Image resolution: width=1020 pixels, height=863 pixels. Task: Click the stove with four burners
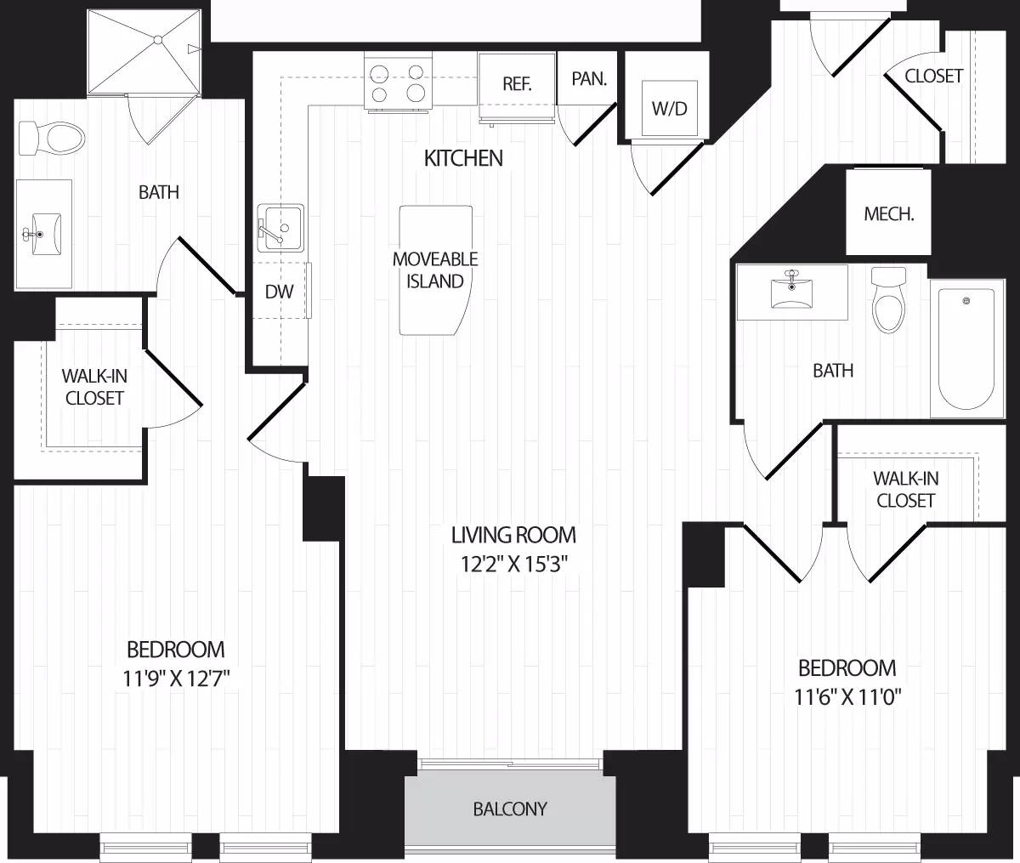click(398, 82)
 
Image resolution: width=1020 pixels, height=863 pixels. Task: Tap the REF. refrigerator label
click(517, 84)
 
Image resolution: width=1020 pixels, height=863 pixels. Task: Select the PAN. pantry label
click(589, 79)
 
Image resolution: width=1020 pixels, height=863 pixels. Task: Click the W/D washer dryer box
click(669, 108)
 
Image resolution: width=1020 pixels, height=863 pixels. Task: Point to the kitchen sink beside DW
click(280, 228)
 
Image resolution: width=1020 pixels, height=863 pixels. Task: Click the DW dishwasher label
click(279, 292)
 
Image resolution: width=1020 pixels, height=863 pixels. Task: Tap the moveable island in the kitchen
click(435, 270)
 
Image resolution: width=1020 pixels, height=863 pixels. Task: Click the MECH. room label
click(888, 213)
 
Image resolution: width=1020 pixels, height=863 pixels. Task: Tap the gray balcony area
click(509, 809)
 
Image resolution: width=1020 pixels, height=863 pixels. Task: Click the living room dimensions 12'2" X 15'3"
click(513, 562)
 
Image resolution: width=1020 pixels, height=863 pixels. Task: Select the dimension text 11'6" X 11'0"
click(847, 697)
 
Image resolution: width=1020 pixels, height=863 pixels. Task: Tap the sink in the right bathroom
click(791, 291)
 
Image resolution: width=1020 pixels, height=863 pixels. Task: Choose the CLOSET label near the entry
click(933, 76)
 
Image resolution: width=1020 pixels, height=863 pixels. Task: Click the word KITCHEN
click(463, 158)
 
